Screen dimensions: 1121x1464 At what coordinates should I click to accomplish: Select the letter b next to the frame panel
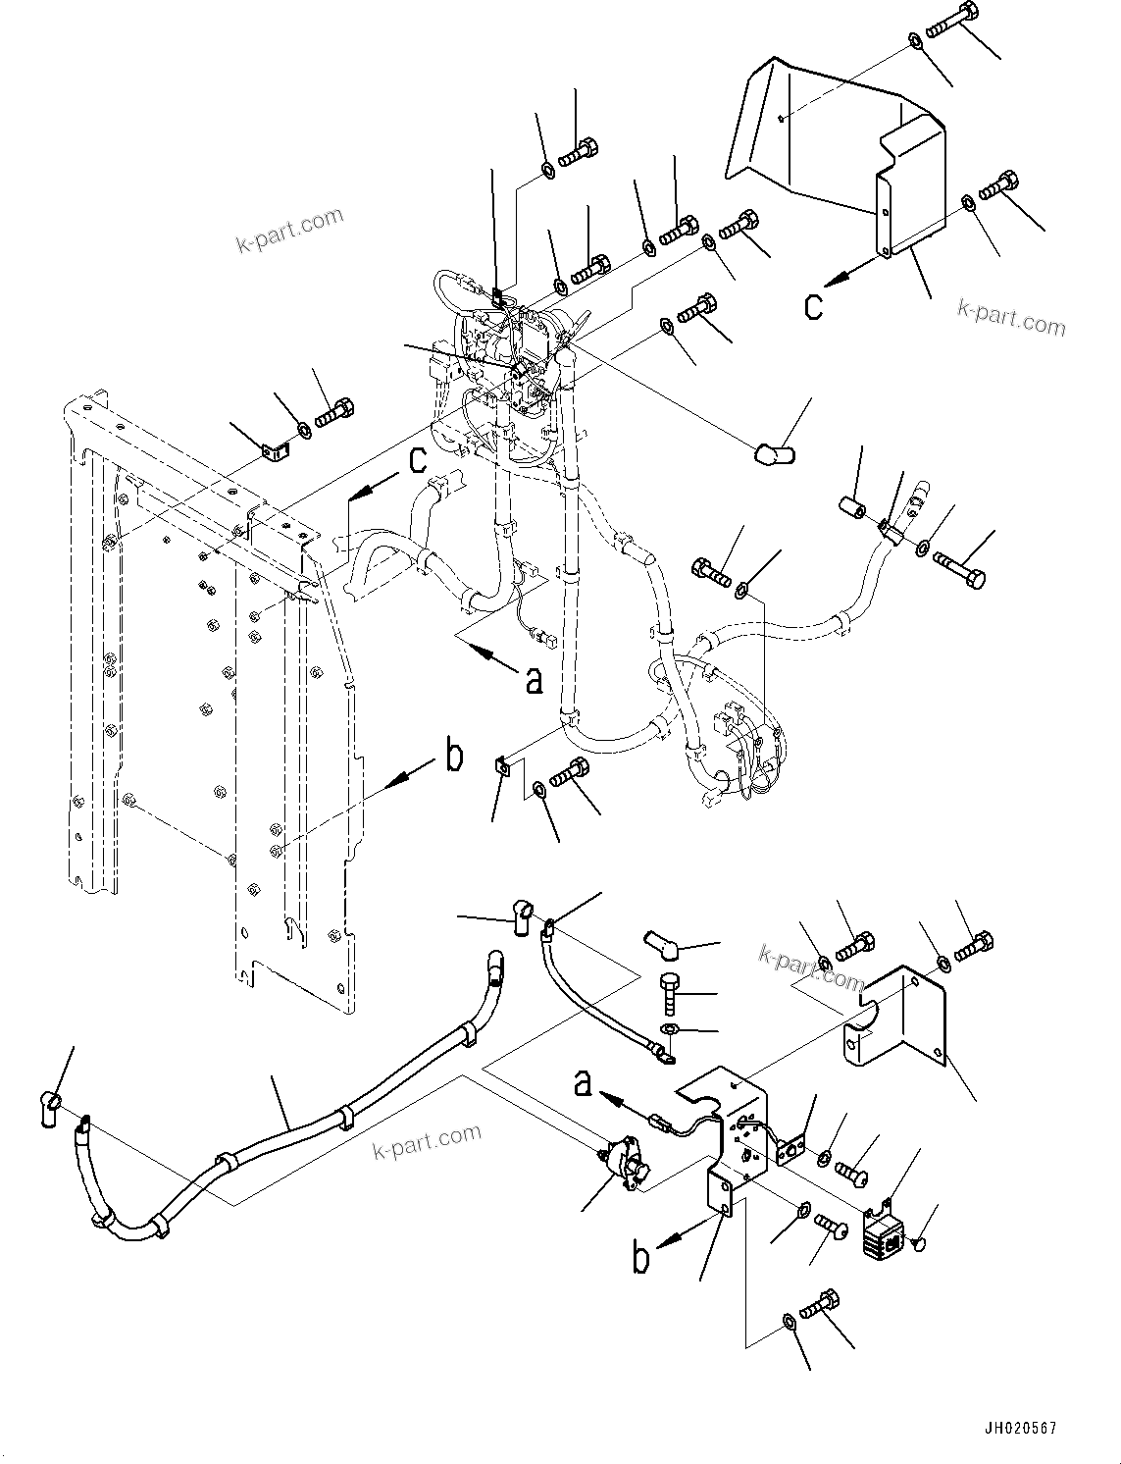(454, 758)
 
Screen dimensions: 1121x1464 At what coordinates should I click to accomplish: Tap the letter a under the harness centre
(533, 679)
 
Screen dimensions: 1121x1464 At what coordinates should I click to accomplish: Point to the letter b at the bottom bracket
(640, 1257)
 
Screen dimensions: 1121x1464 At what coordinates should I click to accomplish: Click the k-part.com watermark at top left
(289, 230)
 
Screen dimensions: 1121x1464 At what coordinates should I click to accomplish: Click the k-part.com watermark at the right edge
(1011, 319)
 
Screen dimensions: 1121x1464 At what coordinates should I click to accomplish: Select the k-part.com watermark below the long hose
(427, 1141)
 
